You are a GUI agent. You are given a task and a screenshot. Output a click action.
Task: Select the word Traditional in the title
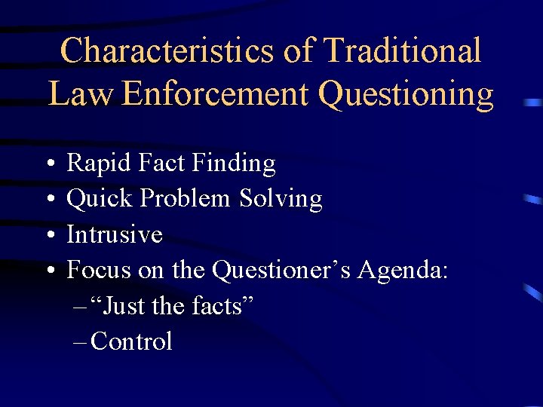click(x=400, y=51)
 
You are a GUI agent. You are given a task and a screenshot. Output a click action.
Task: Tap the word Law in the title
click(x=80, y=94)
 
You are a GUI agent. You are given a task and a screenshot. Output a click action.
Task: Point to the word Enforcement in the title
click(x=215, y=94)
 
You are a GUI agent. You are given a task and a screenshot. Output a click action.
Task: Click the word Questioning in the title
click(x=406, y=96)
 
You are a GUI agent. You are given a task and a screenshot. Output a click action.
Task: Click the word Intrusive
click(x=115, y=234)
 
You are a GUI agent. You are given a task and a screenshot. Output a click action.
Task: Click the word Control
click(x=131, y=341)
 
